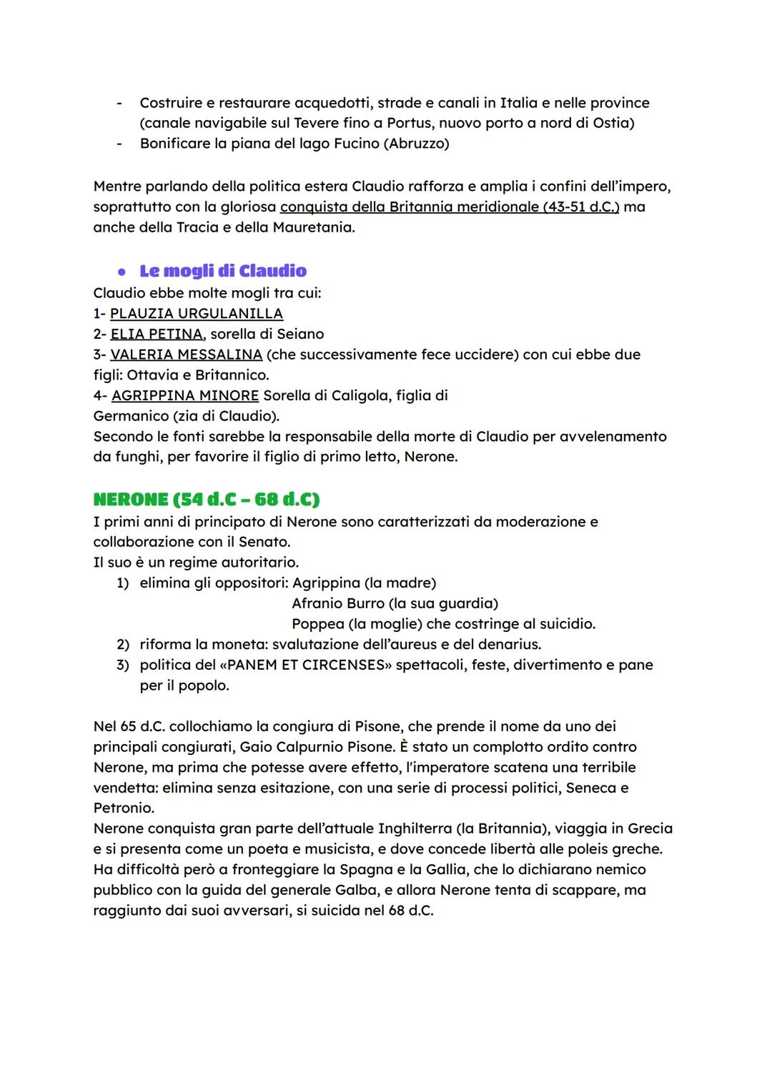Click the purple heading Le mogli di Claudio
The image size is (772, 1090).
tap(223, 271)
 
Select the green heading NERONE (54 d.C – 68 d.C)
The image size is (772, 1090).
tap(206, 499)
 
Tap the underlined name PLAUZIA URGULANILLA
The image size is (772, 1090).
tap(197, 313)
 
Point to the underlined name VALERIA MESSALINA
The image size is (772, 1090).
tap(186, 355)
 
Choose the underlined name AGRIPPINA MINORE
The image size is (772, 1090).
tap(185, 395)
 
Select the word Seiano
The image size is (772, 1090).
tap(301, 334)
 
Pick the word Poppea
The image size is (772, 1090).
tap(318, 624)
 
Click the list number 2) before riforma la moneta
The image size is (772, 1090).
tap(122, 645)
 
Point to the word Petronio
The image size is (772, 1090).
tap(124, 808)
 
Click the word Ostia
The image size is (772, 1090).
tap(611, 123)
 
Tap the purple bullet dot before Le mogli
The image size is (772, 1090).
tap(122, 272)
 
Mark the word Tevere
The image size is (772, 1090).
tap(317, 123)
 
